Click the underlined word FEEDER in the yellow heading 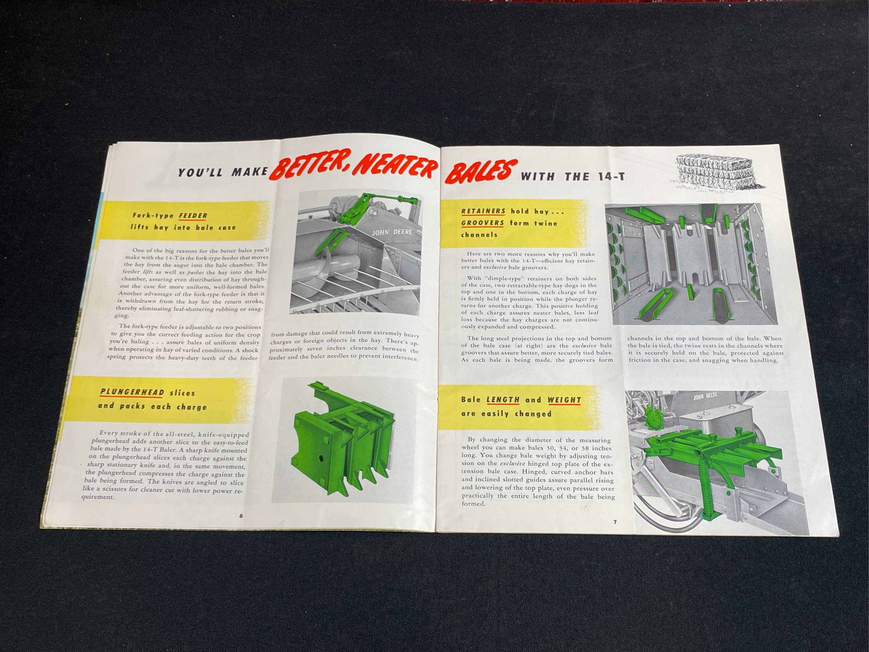(193, 215)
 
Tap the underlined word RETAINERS (484, 211)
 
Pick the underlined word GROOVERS (483, 223)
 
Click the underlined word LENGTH (503, 400)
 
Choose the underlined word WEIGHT (564, 400)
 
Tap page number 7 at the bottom (615, 522)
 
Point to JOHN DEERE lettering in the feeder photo (392, 232)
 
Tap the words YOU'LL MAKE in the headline (222, 172)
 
